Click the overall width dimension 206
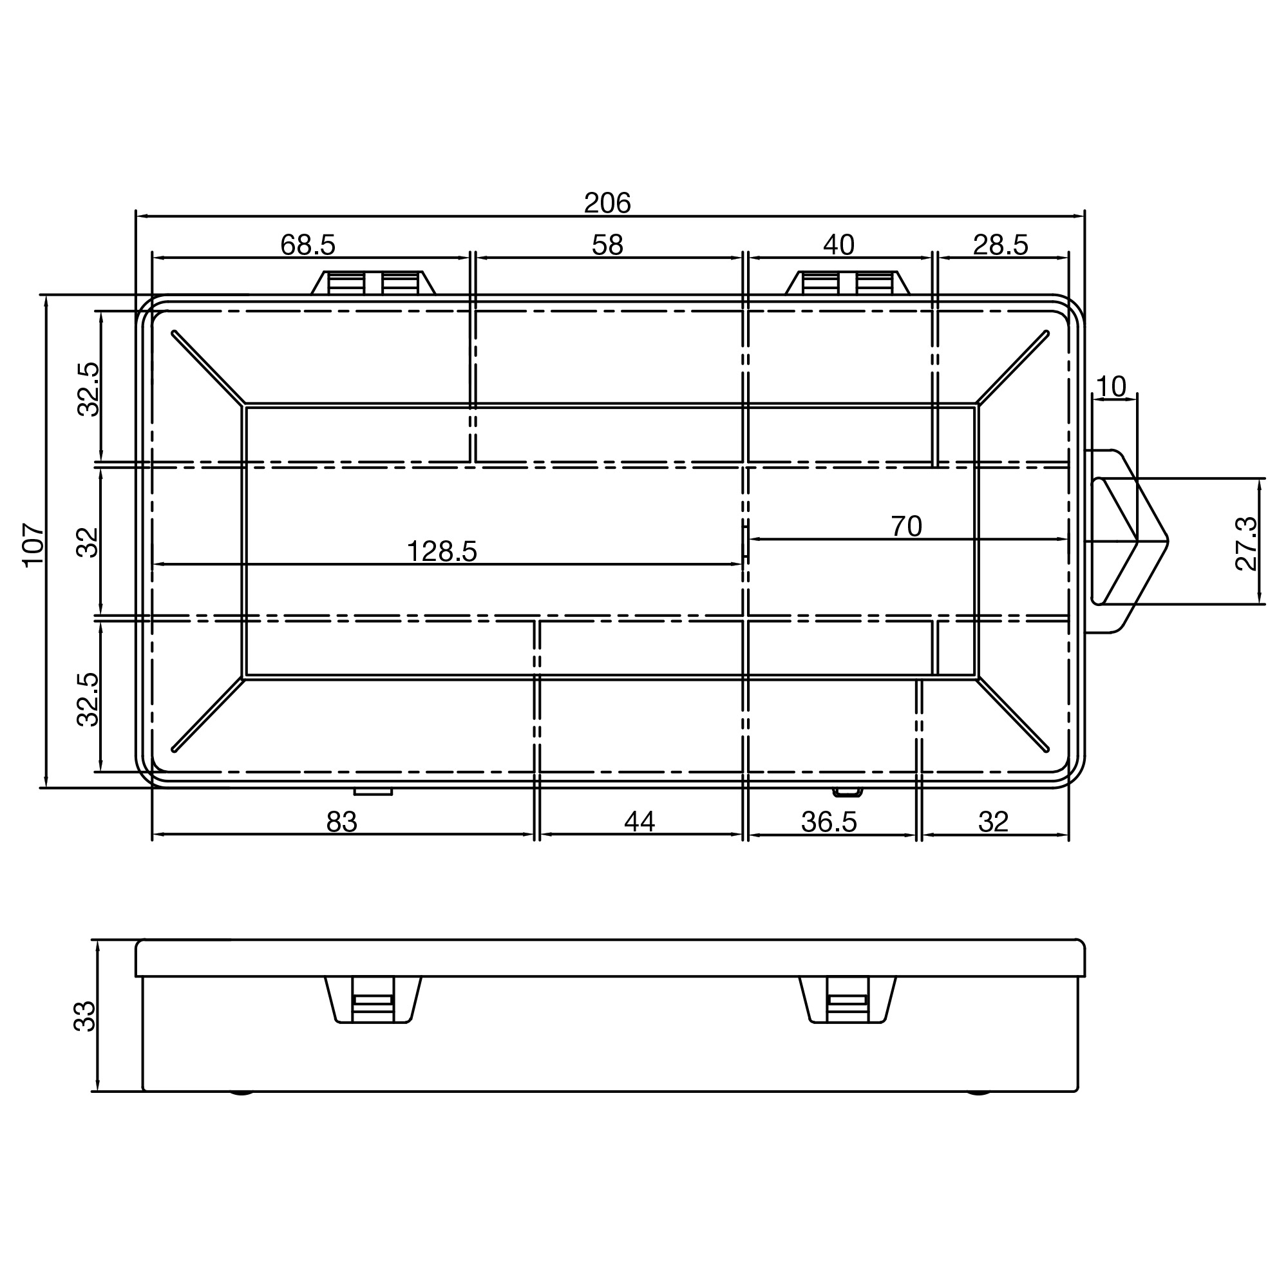click(607, 203)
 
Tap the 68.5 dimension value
click(307, 245)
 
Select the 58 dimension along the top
click(607, 245)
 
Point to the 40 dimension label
click(838, 245)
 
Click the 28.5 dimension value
click(1001, 245)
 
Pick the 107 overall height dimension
click(33, 545)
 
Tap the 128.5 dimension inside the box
click(442, 551)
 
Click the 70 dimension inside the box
click(907, 527)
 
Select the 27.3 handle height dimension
click(1246, 544)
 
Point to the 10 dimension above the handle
click(1112, 386)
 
